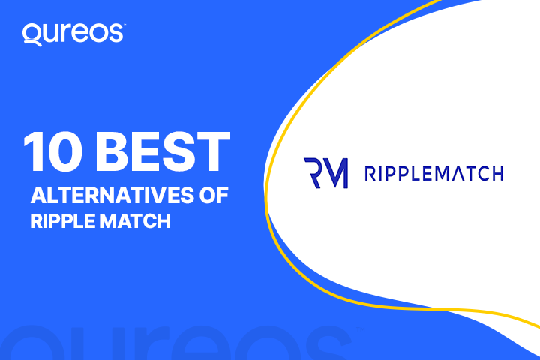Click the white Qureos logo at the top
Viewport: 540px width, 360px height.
73,34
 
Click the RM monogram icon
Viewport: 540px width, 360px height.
325,173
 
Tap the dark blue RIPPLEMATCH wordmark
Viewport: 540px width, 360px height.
433,174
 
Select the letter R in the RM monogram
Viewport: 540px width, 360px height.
313,173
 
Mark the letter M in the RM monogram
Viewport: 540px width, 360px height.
336,173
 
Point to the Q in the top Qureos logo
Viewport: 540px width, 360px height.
31,34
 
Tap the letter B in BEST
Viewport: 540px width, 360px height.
114,152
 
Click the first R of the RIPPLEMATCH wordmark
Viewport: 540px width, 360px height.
369,174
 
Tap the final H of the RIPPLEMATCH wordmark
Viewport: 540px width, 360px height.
496,174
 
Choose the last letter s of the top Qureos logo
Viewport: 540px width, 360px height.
118,34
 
